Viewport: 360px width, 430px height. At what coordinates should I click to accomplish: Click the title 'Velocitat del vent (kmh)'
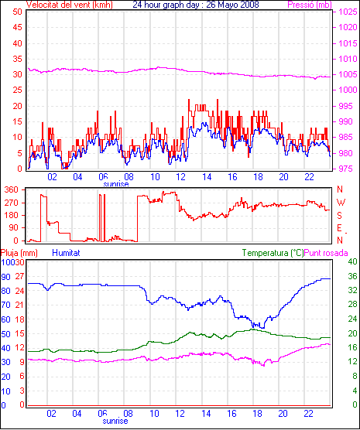[69, 5]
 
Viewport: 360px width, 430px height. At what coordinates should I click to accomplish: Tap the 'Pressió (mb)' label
[310, 5]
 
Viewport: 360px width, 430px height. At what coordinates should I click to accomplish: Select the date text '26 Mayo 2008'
[232, 5]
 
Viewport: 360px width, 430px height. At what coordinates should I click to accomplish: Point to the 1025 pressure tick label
[348, 12]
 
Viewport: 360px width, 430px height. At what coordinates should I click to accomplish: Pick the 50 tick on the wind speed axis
[17, 12]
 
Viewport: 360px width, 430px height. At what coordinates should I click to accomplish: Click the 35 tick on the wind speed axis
[17, 59]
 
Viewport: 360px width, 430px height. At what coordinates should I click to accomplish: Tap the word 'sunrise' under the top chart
[116, 184]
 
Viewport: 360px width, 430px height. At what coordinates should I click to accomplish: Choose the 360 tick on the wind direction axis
[12, 189]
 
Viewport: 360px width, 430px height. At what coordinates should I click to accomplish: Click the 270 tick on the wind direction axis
[12, 203]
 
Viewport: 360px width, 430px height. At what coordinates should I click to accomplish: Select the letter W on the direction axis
[341, 203]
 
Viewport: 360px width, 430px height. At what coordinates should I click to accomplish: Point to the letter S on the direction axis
[339, 216]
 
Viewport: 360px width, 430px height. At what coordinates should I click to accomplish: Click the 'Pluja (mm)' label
[19, 253]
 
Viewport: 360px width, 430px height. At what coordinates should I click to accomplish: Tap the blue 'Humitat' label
[66, 253]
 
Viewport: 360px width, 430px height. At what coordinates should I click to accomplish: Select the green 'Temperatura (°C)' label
[273, 253]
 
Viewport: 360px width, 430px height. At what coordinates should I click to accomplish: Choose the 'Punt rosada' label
[326, 253]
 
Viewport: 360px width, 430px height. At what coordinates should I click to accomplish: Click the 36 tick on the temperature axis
[352, 276]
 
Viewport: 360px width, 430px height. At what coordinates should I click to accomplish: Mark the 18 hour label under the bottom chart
[257, 413]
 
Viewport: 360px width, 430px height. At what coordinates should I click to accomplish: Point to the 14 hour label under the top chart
[207, 177]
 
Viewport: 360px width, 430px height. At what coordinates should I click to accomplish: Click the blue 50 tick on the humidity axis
[5, 334]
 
